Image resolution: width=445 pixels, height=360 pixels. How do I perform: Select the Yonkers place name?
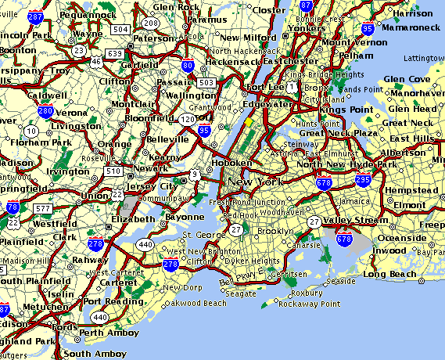pos(286,27)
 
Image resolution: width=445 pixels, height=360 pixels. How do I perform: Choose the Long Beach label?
pos(386,274)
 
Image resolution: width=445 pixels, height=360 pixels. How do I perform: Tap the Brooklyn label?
pos(275,232)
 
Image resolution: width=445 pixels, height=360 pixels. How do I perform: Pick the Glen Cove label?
pos(406,79)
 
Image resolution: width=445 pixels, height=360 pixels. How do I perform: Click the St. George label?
pos(198,235)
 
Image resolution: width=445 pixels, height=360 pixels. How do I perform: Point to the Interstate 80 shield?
pos(188,67)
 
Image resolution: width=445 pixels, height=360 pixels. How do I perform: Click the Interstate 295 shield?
pos(362,179)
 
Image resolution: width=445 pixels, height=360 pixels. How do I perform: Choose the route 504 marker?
pos(120,28)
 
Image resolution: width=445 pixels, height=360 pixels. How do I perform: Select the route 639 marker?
pos(114,53)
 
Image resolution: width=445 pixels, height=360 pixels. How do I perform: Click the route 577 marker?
pos(44,208)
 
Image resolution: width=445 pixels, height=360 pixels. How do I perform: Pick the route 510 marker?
pos(113,171)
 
